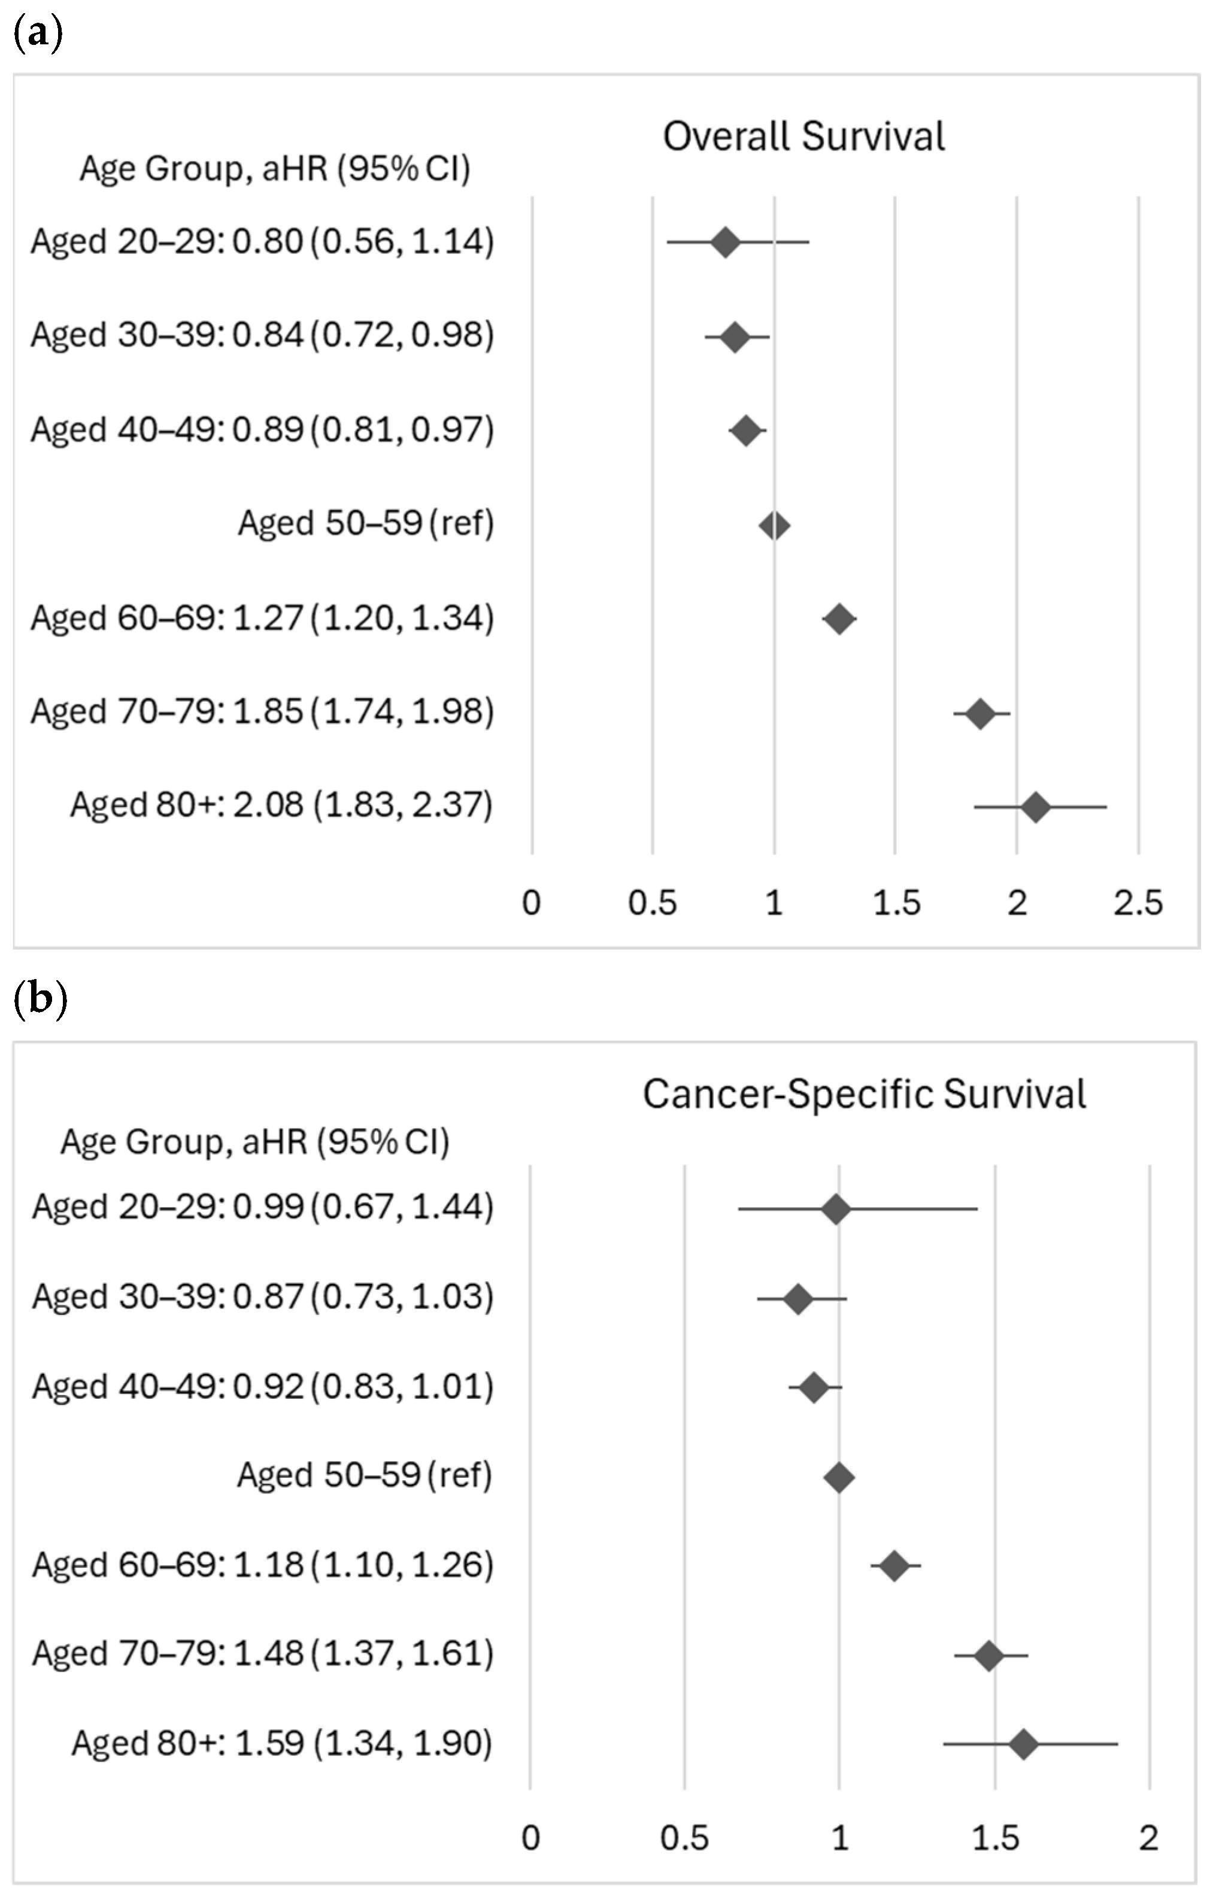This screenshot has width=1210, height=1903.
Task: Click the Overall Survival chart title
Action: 803,136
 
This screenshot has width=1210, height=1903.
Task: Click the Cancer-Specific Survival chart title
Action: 864,1095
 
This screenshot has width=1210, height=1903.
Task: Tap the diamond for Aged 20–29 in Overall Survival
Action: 726,242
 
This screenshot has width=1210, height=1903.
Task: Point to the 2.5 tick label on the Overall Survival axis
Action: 1138,902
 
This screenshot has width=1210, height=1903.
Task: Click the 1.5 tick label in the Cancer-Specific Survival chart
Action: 994,1838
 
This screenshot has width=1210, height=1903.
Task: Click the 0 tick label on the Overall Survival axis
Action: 531,902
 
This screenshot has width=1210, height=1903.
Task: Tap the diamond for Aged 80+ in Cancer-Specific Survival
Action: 1023,1744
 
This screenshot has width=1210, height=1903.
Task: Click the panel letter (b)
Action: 40,1000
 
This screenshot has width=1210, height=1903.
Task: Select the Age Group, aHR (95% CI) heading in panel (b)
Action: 254,1142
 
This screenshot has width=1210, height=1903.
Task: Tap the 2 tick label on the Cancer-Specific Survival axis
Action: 1148,1838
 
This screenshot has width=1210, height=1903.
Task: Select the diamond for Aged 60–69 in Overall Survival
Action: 839,619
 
